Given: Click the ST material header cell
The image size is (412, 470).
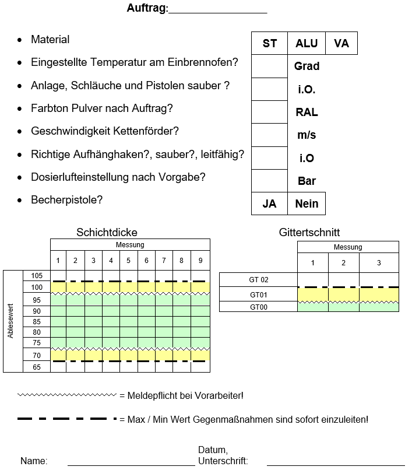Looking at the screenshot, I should coord(269,44).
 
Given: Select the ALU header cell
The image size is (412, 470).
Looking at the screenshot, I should coord(307,44).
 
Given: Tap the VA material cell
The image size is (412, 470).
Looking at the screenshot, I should coord(341,44).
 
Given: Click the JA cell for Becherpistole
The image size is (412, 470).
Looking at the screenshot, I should coord(269,204).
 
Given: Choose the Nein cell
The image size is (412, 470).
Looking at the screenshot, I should coord(307,204).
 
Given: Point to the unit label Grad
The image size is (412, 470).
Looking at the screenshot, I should coord(307,66).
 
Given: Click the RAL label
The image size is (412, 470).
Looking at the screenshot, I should coord(307,113).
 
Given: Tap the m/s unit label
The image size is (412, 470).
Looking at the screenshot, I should coord(307,135).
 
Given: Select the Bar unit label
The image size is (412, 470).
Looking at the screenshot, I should coord(307,181).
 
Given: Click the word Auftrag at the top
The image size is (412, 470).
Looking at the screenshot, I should coord(147,9).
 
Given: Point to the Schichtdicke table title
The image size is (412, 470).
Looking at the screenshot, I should coord(107,233).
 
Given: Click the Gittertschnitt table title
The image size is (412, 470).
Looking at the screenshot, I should coord(309,233).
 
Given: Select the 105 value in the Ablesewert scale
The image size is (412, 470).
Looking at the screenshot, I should coord(37,276).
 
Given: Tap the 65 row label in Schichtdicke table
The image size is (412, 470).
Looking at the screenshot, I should coord(37,367).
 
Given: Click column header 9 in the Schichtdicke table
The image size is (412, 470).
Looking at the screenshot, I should coord(200,261).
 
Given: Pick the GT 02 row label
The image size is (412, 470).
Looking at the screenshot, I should coord(258,280).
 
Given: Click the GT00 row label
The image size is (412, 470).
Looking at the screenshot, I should coord(258,307).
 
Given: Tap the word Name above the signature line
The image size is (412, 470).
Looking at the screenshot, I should coord(34,461).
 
